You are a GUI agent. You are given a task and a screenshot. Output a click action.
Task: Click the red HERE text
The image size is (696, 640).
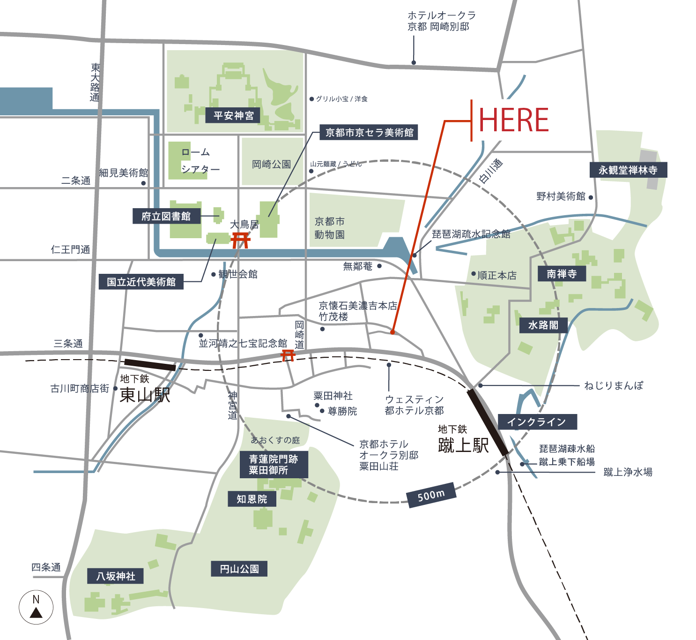514,120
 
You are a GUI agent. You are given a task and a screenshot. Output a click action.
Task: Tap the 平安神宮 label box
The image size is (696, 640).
233,115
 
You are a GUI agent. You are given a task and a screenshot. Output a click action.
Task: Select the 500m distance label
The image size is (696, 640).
431,495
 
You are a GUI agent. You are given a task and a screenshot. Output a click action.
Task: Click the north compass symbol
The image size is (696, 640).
36,607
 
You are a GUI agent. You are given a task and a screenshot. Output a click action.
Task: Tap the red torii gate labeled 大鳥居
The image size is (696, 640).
241,240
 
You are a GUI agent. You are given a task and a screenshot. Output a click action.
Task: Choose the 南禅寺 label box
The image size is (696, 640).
562,274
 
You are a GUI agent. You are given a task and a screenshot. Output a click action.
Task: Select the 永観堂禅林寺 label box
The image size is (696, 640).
628,170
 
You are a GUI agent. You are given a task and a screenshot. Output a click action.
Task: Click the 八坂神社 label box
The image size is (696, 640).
116,576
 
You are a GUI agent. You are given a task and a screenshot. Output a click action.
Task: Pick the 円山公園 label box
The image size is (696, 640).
239,569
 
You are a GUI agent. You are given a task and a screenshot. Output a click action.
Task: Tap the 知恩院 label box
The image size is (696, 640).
252,499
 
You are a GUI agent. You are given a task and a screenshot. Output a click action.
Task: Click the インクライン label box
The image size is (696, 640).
537,422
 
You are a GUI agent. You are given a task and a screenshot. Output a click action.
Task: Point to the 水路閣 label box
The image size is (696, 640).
543,325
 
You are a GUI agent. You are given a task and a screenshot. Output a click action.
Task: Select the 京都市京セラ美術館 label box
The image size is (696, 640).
369,133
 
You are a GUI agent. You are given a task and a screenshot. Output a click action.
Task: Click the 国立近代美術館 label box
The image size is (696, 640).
141,282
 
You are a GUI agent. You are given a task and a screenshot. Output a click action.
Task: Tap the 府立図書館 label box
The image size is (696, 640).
166,216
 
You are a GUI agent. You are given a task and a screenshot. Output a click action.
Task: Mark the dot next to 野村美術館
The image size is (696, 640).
591,197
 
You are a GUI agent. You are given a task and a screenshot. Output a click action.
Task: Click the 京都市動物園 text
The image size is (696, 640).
330,228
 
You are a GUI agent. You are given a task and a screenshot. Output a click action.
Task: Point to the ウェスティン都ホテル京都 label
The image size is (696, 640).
414,405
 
